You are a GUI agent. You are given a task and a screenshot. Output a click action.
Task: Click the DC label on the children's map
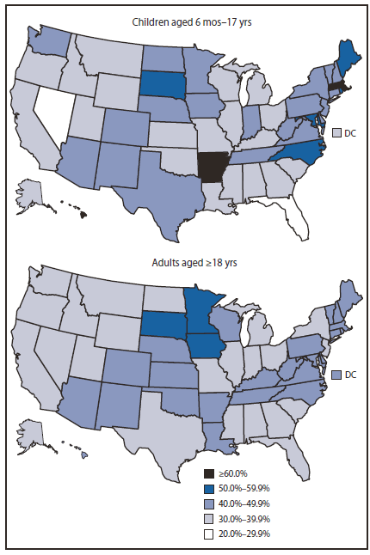[352, 132]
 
